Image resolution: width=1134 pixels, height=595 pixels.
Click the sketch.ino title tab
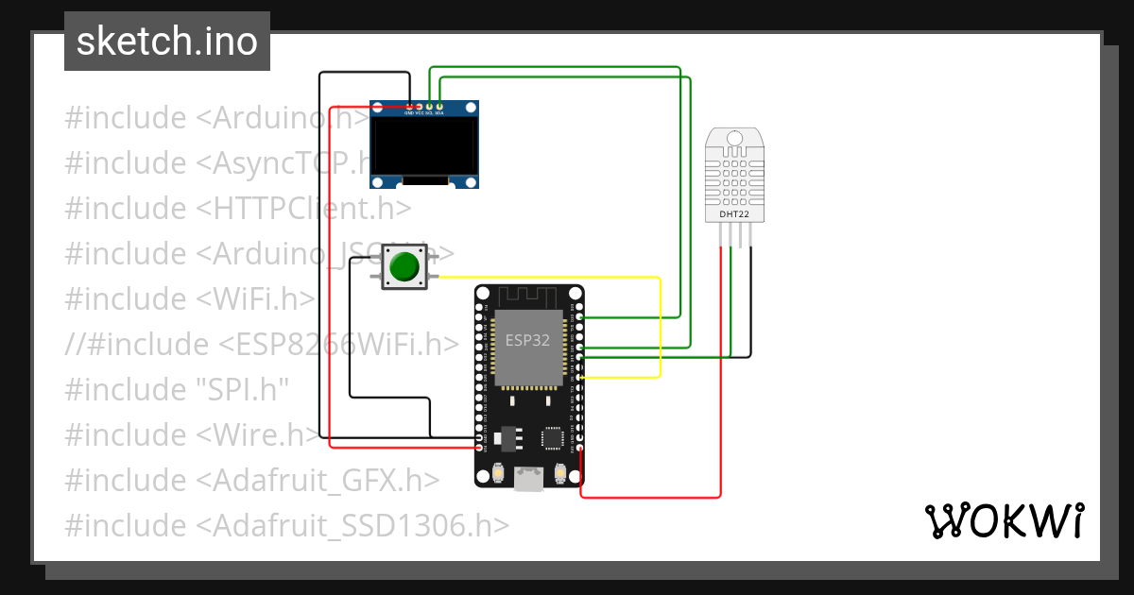(167, 42)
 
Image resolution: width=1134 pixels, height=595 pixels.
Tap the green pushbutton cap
(404, 267)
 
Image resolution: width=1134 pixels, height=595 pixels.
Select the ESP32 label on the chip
(527, 341)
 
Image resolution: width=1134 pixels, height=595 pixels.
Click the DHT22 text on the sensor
(734, 213)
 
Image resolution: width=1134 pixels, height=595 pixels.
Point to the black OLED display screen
(423, 146)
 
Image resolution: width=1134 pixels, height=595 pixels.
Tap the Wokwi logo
(1003, 520)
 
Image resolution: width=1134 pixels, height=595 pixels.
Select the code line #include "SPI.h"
(177, 389)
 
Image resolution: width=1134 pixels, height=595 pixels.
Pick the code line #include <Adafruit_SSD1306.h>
(286, 525)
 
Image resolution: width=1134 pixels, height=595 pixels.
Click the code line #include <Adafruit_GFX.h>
(251, 480)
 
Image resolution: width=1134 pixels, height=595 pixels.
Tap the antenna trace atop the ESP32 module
(528, 297)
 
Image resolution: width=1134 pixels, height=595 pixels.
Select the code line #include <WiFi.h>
(189, 298)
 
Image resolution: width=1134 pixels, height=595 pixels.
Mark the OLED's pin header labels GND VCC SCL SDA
(423, 113)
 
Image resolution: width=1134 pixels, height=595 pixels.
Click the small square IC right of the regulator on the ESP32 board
(551, 437)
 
